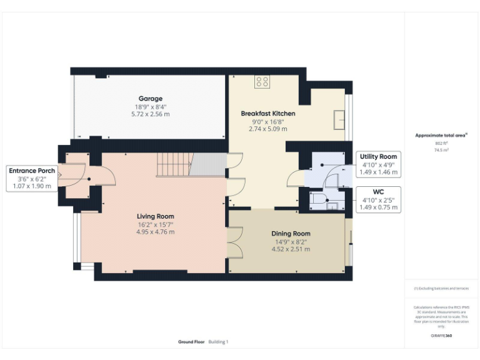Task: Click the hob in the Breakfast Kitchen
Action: (x=262, y=81)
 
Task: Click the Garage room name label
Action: (x=150, y=99)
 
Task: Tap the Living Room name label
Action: (x=156, y=217)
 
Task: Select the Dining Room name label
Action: (x=291, y=234)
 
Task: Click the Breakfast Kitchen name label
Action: (x=268, y=114)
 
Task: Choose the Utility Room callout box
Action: (x=378, y=164)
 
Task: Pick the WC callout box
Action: (x=378, y=199)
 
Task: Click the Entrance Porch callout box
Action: (x=31, y=178)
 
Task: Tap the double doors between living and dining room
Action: (x=236, y=242)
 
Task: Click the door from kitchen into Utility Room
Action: (x=296, y=180)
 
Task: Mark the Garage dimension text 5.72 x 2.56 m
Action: (x=150, y=114)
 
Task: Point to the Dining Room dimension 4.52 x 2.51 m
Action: (x=291, y=249)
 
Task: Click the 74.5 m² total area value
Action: (x=442, y=150)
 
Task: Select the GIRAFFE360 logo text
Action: (x=441, y=336)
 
